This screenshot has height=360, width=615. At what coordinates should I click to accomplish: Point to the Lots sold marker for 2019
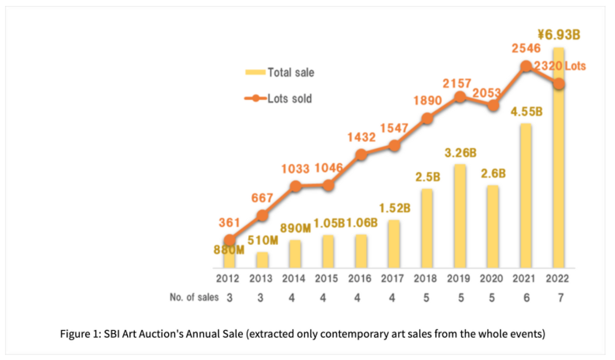460,97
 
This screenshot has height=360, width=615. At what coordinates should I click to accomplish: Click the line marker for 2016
361,154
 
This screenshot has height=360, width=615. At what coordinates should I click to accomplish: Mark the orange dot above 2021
526,66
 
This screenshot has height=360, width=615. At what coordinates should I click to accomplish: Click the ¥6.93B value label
558,35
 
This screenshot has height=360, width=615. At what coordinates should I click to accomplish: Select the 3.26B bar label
460,153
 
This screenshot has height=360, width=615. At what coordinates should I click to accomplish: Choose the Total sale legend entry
280,73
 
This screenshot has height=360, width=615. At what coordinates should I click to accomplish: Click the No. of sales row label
194,298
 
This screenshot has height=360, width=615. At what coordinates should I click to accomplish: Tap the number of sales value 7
558,298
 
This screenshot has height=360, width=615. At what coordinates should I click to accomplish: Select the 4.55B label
526,112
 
